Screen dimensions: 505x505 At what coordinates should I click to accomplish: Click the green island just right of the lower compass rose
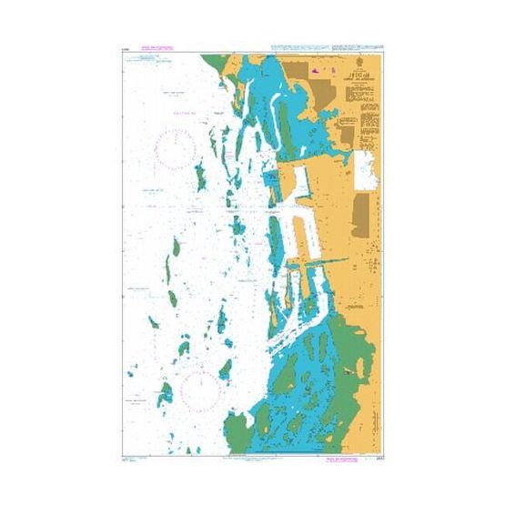[x=225, y=369]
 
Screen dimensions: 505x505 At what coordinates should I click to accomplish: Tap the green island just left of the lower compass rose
[x=166, y=394]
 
